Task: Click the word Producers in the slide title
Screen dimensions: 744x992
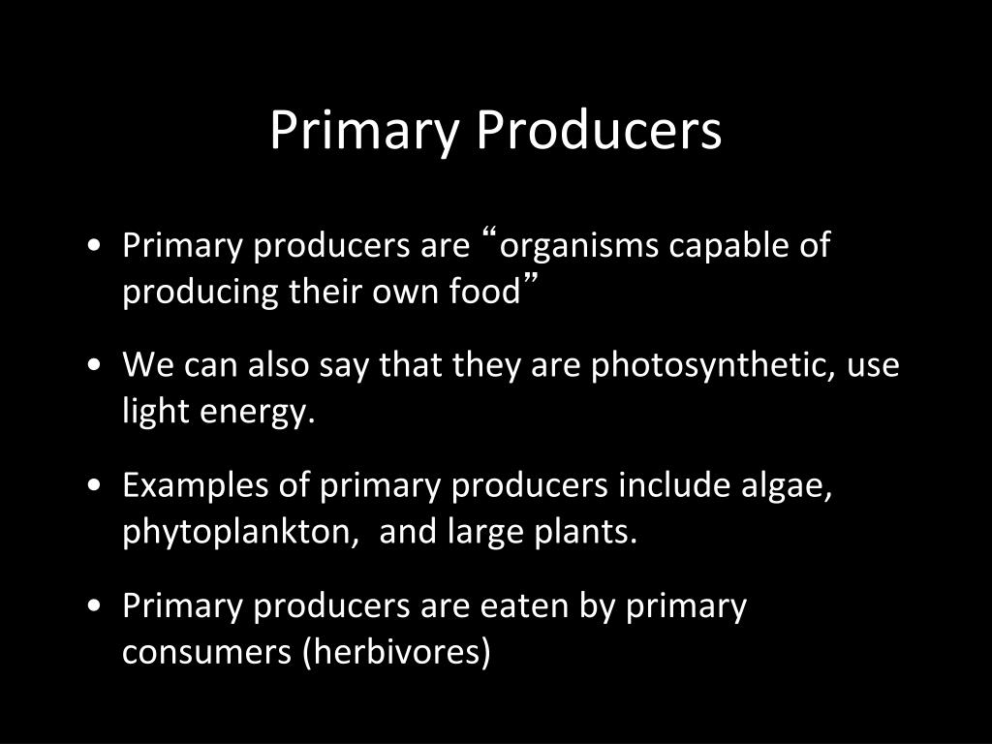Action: (x=599, y=131)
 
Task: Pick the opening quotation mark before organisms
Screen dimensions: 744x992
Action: (x=488, y=235)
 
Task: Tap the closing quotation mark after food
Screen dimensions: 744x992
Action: (x=531, y=281)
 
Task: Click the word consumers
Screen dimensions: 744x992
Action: (x=206, y=653)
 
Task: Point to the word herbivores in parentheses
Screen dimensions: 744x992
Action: (x=397, y=653)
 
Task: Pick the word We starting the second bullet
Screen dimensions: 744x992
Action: (x=144, y=366)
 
